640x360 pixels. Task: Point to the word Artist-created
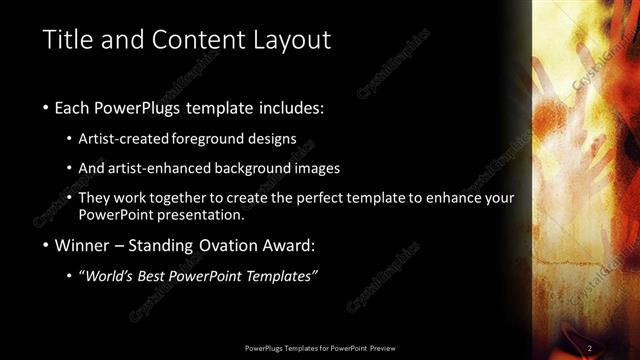122,139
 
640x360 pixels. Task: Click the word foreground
203,139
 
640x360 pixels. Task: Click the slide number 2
590,347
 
